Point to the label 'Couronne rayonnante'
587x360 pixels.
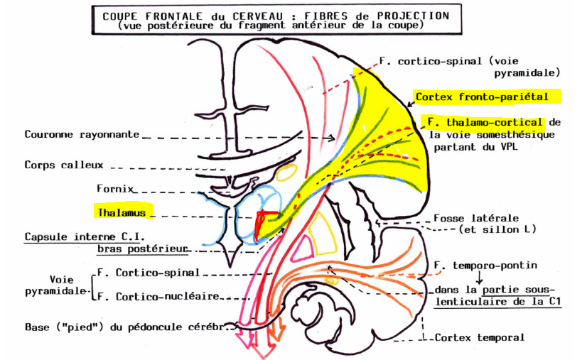(82, 134)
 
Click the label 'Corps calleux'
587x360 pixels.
(63, 165)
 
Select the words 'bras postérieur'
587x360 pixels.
(142, 249)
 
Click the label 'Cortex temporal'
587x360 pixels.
(480, 338)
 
